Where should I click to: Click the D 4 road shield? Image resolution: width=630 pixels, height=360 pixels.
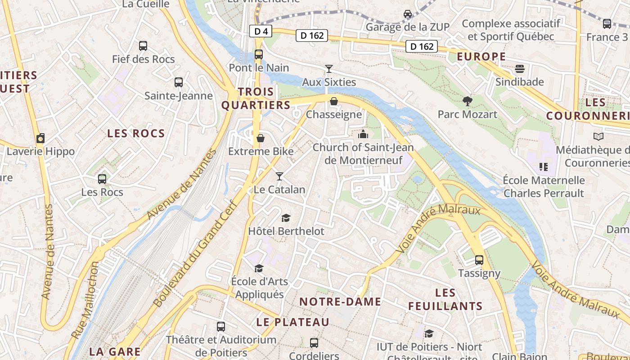(261, 31)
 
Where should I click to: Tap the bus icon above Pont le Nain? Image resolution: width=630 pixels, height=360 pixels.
(259, 54)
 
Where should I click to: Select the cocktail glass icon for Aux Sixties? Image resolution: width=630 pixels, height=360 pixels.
(329, 69)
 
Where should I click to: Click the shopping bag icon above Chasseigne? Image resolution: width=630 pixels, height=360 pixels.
(334, 101)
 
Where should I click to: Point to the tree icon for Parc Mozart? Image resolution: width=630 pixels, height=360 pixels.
(468, 101)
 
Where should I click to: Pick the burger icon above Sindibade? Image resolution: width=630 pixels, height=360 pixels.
(520, 69)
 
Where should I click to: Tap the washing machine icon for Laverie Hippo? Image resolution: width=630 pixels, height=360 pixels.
(40, 138)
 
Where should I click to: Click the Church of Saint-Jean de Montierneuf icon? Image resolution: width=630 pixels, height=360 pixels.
(363, 134)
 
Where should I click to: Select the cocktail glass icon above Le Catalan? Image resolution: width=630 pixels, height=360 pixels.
(279, 176)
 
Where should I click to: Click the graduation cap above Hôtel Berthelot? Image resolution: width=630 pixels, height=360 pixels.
(286, 218)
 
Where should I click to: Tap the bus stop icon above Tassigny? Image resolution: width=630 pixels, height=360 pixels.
(479, 260)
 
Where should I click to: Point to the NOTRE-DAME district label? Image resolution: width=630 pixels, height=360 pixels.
(340, 301)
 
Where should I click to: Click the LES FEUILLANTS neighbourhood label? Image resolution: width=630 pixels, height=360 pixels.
(445, 300)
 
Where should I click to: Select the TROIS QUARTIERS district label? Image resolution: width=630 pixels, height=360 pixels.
(256, 99)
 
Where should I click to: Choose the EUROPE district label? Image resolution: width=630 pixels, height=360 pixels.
(481, 57)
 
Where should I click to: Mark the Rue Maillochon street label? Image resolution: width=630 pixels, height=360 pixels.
(85, 300)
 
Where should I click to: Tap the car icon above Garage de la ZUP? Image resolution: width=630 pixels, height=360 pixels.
(408, 14)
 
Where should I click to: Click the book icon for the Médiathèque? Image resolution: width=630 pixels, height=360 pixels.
(598, 136)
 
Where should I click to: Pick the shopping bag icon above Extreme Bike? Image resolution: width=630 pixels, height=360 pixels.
(261, 138)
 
